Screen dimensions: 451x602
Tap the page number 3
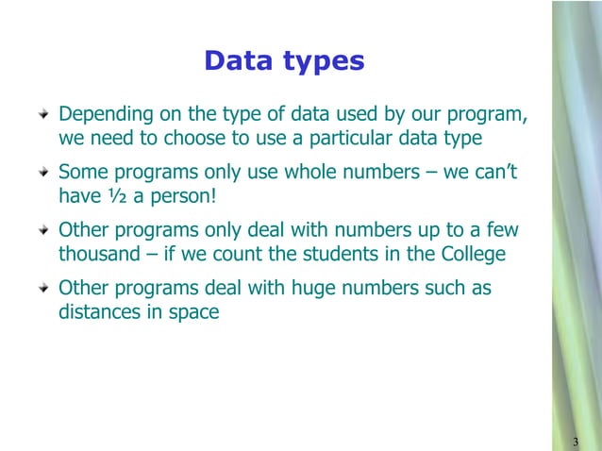point(576,443)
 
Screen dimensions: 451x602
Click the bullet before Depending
point(42,116)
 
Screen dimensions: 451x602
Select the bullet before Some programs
point(42,175)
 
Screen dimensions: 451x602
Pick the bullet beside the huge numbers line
point(42,290)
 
